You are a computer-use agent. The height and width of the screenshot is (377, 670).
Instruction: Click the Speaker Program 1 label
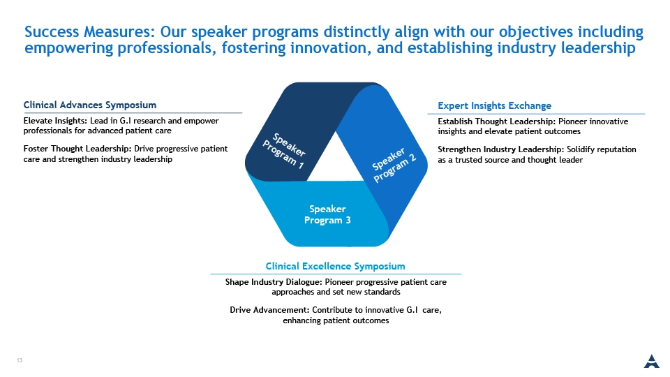[284, 151]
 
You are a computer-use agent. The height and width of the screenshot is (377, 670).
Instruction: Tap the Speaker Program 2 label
[394, 165]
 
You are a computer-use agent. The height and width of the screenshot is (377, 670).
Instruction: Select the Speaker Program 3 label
[327, 214]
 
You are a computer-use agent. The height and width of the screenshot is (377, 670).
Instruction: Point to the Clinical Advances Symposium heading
[90, 105]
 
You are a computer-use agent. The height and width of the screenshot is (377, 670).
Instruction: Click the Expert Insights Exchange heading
[494, 105]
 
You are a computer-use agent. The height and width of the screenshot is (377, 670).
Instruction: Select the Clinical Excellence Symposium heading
[336, 266]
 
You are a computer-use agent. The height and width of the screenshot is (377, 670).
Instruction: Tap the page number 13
[20, 360]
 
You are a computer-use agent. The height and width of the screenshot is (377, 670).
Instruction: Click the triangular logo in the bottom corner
[652, 361]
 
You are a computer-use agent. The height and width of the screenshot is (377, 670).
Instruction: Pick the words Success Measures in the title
[88, 32]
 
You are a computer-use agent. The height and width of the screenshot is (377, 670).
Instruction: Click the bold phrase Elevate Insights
[55, 121]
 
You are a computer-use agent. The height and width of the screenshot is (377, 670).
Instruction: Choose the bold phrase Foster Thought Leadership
[77, 149]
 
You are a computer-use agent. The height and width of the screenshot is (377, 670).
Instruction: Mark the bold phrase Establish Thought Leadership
[496, 121]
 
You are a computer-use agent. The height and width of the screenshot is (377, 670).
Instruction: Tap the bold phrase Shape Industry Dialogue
[274, 282]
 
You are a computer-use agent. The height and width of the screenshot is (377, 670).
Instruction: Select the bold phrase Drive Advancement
[269, 310]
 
